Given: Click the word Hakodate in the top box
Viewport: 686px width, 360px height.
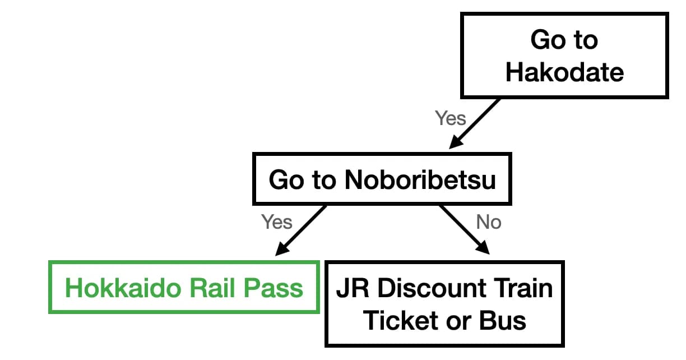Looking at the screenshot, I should click(564, 72).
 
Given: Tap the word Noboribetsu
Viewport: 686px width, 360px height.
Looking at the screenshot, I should click(420, 179).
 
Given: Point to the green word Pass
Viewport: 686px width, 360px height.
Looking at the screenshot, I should click(275, 288).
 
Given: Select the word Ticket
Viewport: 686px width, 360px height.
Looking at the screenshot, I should click(397, 321).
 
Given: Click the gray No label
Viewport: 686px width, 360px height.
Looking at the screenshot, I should click(488, 222).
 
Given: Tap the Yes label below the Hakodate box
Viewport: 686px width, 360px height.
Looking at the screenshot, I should click(450, 118).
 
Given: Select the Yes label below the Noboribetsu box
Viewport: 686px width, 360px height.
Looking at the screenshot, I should click(277, 222).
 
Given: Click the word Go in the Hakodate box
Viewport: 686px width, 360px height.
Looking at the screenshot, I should click(548, 40).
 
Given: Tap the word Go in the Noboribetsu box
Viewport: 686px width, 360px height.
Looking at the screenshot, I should click(285, 179).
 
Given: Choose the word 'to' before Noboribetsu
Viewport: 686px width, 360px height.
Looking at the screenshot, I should click(323, 179).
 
